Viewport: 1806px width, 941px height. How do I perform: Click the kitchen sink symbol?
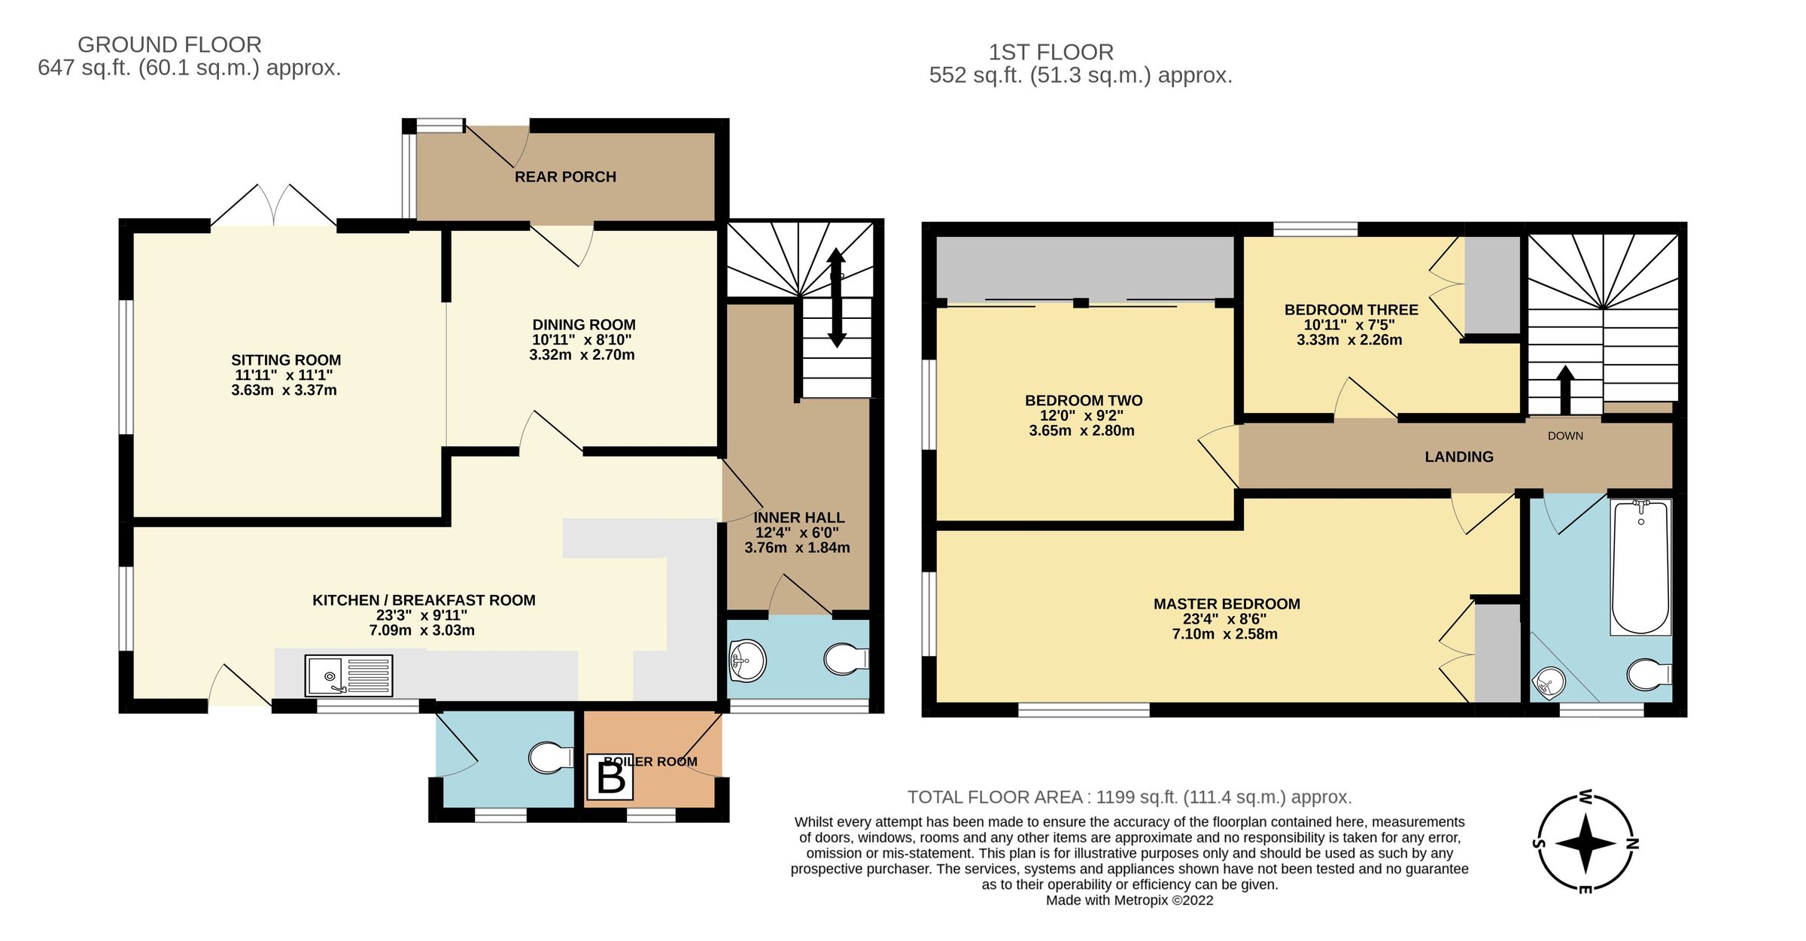coord(349,675)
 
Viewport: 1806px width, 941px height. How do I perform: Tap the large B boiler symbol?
coord(610,779)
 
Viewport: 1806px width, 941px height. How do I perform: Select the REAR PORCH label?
coord(565,177)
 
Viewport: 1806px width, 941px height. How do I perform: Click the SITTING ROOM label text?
coord(286,360)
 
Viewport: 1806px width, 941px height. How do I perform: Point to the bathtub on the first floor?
coord(1640,567)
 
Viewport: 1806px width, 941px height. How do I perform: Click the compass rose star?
coord(1586,843)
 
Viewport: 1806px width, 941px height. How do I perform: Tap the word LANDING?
coord(1459,457)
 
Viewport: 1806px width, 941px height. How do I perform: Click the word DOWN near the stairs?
coord(1565,436)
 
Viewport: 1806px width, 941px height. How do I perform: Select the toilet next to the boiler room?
coord(550,758)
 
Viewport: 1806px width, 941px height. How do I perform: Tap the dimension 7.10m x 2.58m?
coord(1225,634)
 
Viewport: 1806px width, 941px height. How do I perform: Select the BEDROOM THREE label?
coord(1351,310)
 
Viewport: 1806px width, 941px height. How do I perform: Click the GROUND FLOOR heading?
coord(169,44)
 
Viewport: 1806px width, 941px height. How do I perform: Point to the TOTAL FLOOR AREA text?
coord(1129,797)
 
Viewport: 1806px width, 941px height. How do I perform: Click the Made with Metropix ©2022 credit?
coord(1130,900)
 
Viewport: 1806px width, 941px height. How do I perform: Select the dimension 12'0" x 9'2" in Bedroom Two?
coord(1082,416)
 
